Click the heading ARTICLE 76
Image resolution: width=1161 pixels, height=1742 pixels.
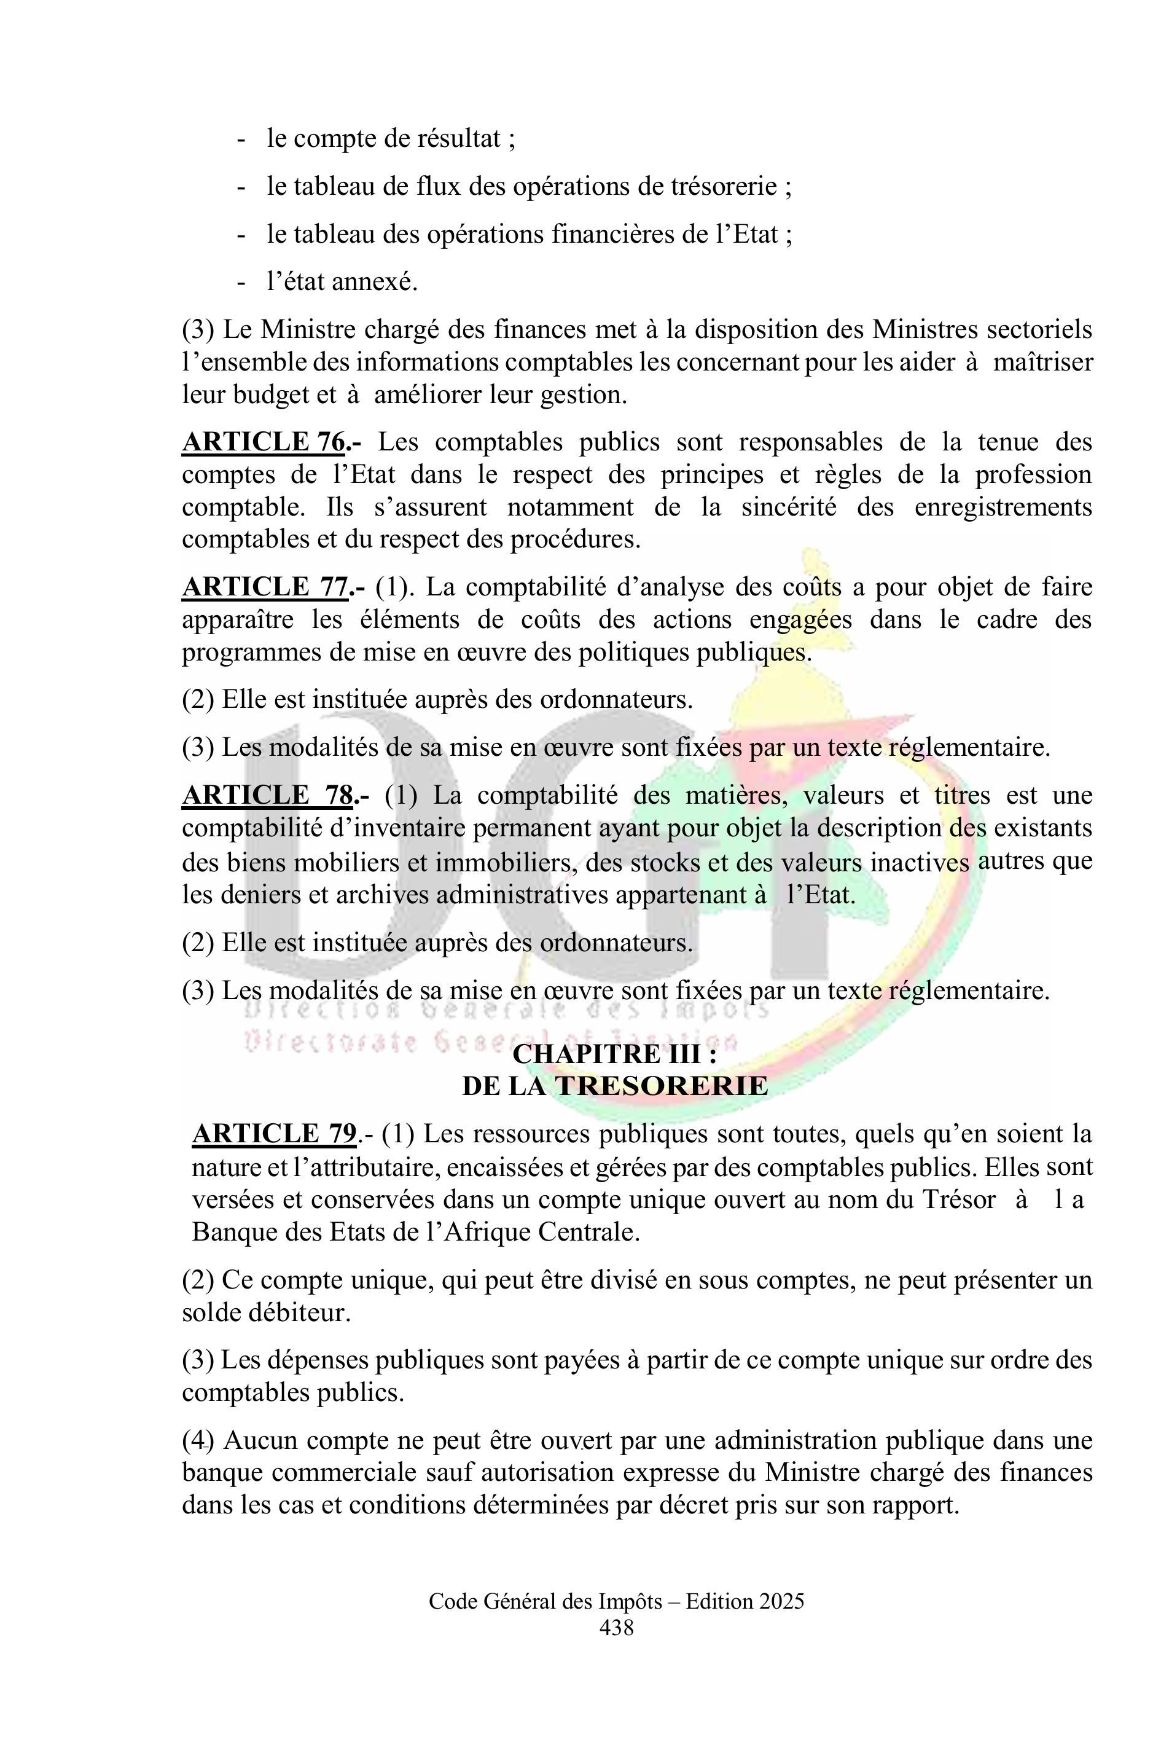tap(264, 442)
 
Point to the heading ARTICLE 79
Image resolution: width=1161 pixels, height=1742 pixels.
tap(274, 1134)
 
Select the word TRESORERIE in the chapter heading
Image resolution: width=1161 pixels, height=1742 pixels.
tap(661, 1086)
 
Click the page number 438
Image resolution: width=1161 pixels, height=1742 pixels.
tap(616, 1628)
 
